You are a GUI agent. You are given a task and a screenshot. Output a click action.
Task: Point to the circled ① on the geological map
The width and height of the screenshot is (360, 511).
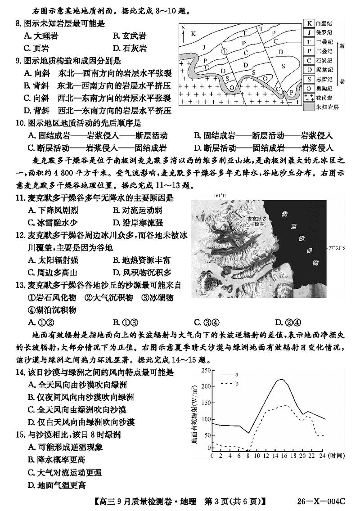click(x=224, y=51)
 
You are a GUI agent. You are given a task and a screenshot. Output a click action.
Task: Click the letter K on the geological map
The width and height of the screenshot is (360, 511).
click(x=193, y=34)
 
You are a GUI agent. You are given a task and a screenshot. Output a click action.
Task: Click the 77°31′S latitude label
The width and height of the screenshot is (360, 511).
click(x=341, y=247)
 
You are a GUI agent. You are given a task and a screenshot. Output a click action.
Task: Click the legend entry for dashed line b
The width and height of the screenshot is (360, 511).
click(x=230, y=383)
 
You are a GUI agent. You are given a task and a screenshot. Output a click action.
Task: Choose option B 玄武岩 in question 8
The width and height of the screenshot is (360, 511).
click(x=128, y=36)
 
